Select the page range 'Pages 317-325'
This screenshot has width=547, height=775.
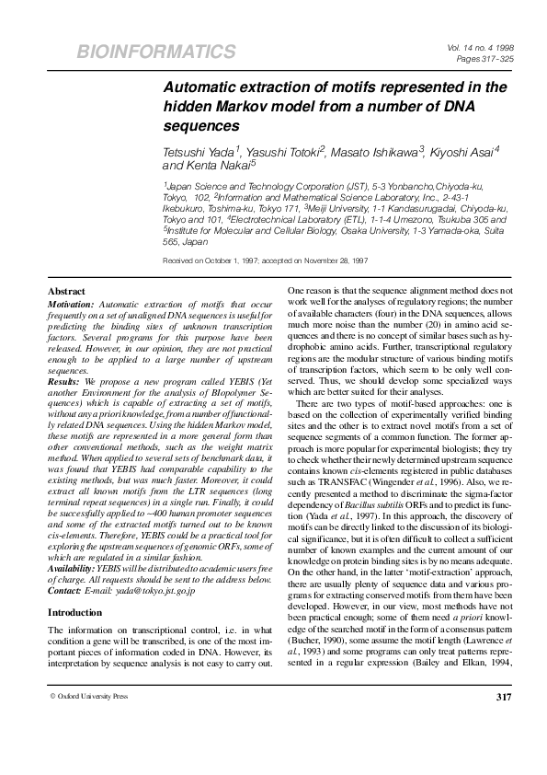tap(494, 58)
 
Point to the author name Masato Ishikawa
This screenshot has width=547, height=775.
tap(379, 149)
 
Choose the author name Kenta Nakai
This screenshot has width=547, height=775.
tap(208, 166)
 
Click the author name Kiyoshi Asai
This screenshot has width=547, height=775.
tap(463, 149)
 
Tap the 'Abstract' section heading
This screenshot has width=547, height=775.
tap(66, 290)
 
